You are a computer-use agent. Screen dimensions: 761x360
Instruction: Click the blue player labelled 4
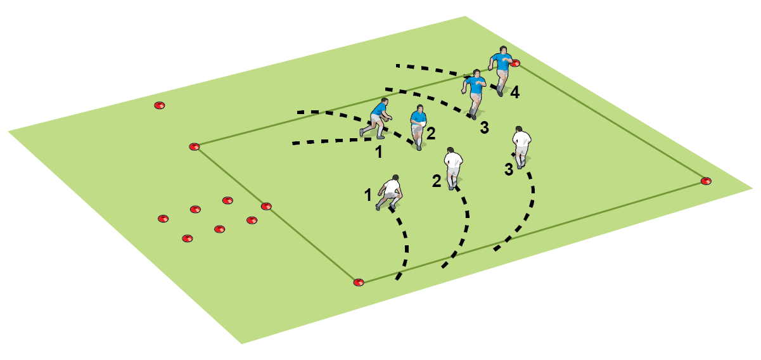coord(501,71)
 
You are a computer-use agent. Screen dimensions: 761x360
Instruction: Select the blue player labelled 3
coord(473,94)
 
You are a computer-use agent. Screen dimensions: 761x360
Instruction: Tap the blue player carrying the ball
coord(419,127)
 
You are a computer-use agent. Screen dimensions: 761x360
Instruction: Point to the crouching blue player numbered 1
coord(376,119)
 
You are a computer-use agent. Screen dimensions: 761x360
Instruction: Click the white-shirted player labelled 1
coord(390,193)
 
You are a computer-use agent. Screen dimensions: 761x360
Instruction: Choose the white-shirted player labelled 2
coord(453,168)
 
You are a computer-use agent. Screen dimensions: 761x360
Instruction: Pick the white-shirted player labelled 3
coord(521,147)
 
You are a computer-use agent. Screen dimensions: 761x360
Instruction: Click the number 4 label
coord(515,93)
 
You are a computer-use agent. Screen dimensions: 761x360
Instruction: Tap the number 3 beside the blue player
coord(485,128)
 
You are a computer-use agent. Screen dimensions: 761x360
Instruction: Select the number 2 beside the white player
coord(437,181)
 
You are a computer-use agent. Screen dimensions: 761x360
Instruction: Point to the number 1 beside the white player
coord(368,195)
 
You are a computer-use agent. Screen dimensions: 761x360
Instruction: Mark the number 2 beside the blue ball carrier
coord(431,133)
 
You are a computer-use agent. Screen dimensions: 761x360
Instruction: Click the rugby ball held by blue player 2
coord(422,124)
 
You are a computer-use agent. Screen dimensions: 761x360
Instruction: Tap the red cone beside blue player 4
coord(515,63)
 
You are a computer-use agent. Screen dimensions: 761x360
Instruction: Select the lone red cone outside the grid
coord(159,105)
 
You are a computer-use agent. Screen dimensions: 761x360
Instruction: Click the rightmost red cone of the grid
coord(706,181)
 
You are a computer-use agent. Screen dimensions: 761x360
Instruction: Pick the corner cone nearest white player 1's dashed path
coord(359,283)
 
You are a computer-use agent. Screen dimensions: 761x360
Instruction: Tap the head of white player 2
coord(451,150)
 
